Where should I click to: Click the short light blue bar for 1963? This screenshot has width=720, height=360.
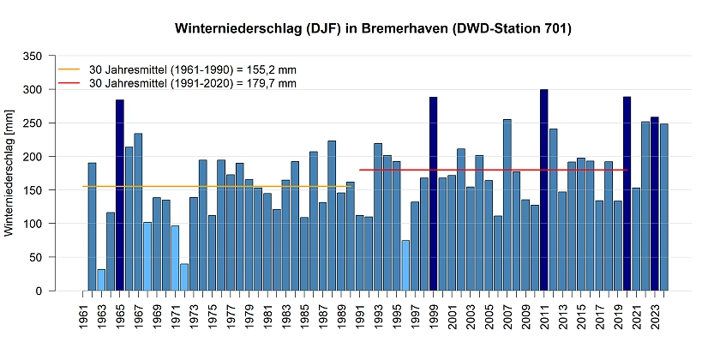pos(101,280)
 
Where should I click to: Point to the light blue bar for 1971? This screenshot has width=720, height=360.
pos(175,258)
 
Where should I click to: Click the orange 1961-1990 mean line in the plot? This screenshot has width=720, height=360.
pos(214,186)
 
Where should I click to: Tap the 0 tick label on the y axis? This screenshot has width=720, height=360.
pos(38,291)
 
